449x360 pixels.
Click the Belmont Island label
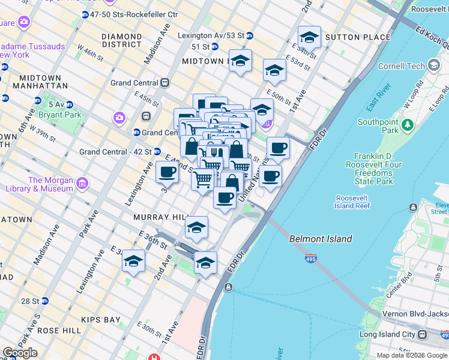pyautogui.click(x=321, y=239)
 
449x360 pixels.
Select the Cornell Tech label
pyautogui.click(x=402, y=66)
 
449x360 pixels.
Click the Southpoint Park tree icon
pyautogui.click(x=408, y=125)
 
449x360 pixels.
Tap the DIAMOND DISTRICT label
pyautogui.click(x=122, y=40)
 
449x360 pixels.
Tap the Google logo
pyautogui.click(x=20, y=353)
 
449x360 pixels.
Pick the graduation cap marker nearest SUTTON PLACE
pyautogui.click(x=309, y=37)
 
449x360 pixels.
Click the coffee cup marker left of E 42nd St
pyautogui.click(x=167, y=172)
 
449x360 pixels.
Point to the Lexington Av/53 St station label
pyautogui.click(x=211, y=35)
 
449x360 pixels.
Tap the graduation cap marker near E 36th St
pyautogui.click(x=196, y=227)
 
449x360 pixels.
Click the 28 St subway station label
pyautogui.click(x=28, y=301)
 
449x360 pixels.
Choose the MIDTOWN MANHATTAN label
pyautogui.click(x=40, y=83)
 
